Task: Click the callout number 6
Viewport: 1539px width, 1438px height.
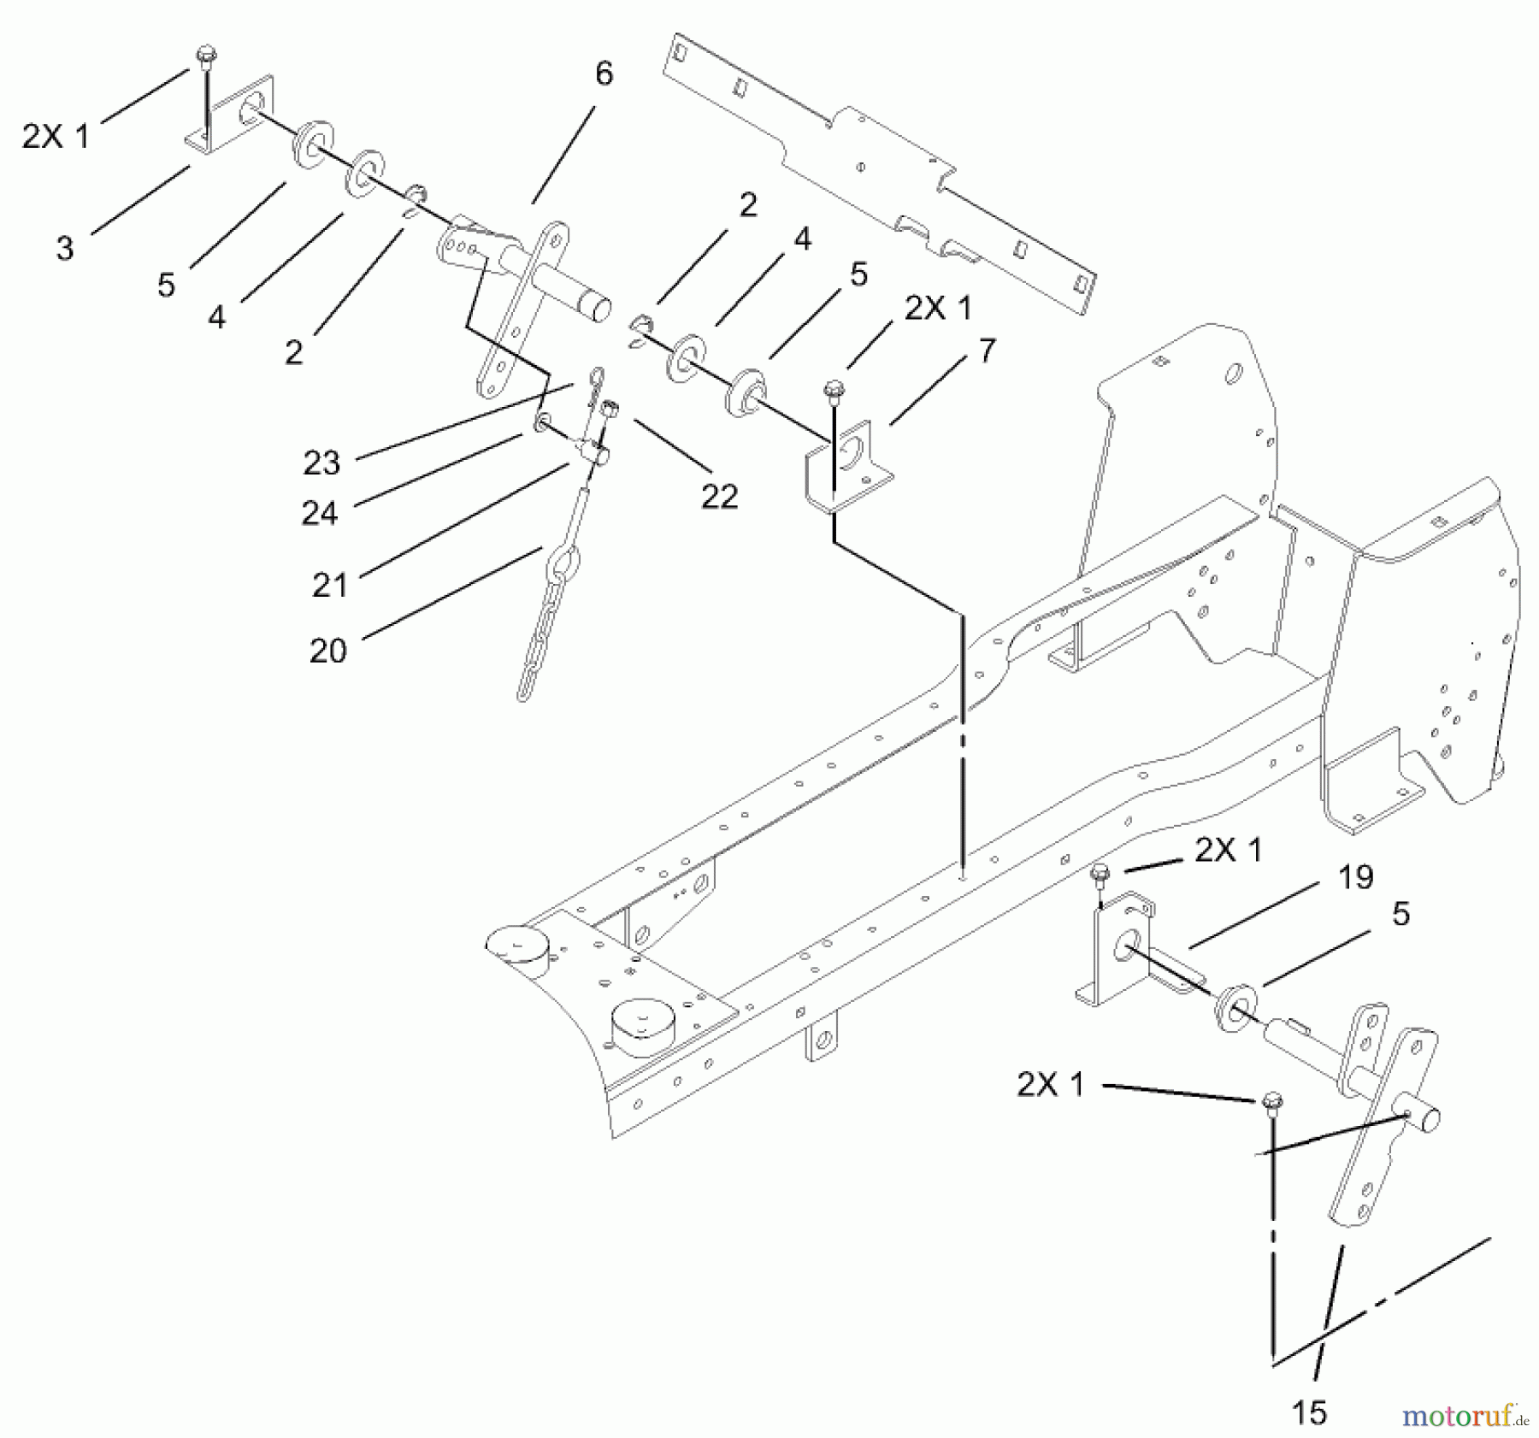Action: (604, 74)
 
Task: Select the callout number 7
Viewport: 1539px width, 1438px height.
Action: (987, 351)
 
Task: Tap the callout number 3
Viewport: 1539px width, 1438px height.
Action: (65, 249)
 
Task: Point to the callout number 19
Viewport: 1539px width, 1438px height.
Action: (1355, 877)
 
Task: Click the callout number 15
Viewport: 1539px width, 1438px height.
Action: (1309, 1413)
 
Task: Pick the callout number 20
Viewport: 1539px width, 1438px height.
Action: (328, 651)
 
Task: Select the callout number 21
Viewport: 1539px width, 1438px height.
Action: (330, 586)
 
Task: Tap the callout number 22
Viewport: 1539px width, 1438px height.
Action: (719, 496)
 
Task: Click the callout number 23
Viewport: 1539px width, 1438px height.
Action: (321, 463)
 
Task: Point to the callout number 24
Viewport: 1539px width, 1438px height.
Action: (320, 513)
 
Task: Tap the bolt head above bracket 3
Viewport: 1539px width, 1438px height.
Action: (205, 56)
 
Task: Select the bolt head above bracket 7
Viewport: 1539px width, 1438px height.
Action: (832, 390)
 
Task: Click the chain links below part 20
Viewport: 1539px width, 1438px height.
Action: (536, 650)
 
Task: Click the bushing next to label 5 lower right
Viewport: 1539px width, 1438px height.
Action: (1231, 1005)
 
